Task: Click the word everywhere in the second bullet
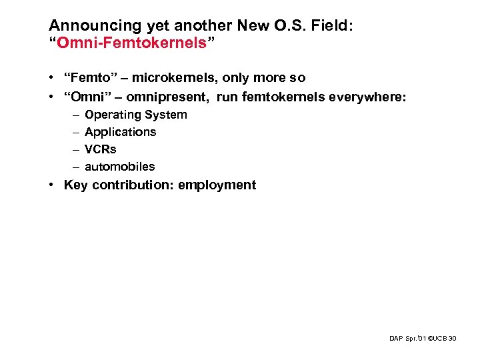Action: point(370,97)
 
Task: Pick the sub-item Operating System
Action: point(136,115)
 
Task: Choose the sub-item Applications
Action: point(121,132)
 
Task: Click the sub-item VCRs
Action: point(101,149)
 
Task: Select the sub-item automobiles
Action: point(120,167)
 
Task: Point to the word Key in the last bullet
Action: point(75,185)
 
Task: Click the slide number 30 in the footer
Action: point(453,339)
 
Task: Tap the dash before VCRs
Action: point(75,149)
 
